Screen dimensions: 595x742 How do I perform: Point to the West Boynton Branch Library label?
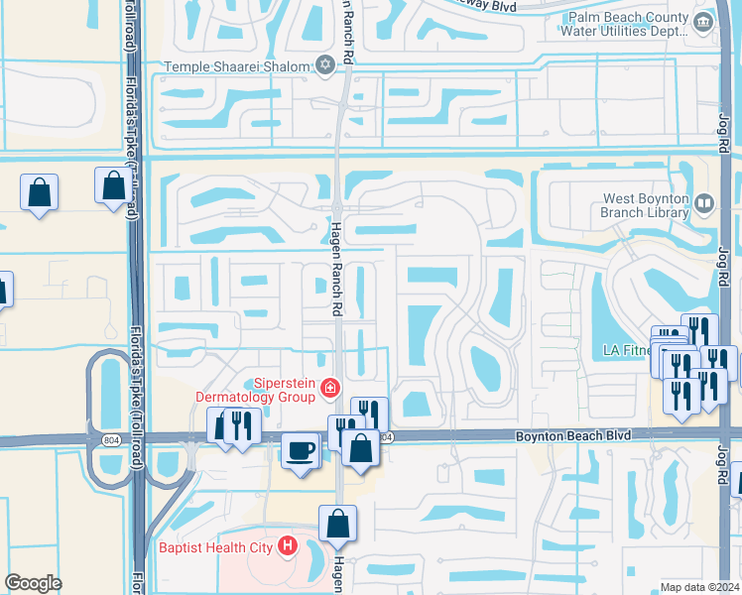646,205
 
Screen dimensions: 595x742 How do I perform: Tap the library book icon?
704,204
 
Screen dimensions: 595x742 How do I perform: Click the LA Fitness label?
629,350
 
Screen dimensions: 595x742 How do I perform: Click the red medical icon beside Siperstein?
328,390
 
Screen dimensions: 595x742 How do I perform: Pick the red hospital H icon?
288,544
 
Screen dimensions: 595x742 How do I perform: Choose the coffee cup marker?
301,450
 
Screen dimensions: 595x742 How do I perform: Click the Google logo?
33,583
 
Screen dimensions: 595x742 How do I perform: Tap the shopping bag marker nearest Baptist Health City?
337,523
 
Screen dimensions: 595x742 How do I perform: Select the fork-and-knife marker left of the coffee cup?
242,424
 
